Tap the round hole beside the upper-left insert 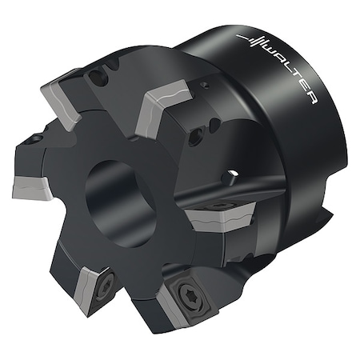99,78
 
